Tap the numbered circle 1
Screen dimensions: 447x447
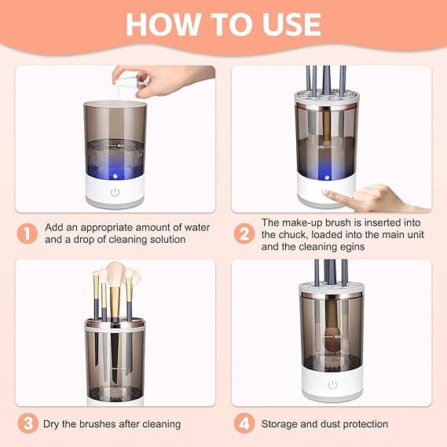[x=27, y=233]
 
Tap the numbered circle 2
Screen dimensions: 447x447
[x=244, y=233]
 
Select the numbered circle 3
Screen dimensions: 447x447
[x=27, y=423]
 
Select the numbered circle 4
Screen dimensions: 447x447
[x=244, y=423]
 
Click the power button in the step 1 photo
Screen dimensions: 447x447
[x=115, y=192]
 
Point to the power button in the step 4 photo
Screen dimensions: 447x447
[x=332, y=384]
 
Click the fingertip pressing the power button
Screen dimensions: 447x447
[x=328, y=194]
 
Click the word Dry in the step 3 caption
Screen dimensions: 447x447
[x=53, y=424]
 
